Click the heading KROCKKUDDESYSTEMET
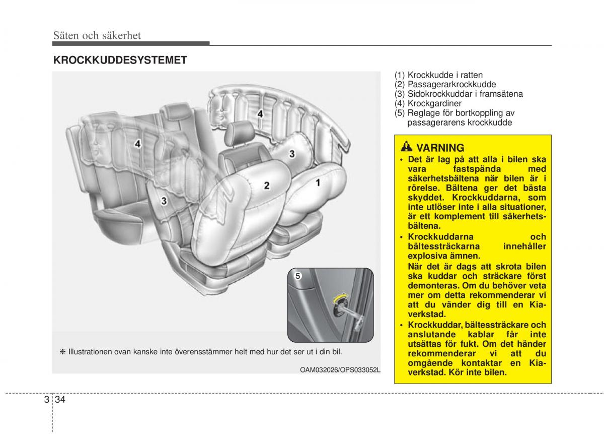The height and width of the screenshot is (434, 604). [120, 60]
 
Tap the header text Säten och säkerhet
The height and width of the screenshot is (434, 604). [97, 35]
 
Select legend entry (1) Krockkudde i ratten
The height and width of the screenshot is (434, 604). [438, 76]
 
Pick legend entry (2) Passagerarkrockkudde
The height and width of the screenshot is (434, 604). [445, 85]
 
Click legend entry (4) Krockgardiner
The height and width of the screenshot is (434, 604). [428, 103]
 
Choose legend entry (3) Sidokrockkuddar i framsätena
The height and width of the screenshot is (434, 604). [459, 94]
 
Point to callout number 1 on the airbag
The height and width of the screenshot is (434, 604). [318, 182]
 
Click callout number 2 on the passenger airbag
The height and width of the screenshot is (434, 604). [267, 185]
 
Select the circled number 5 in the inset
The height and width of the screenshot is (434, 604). [297, 276]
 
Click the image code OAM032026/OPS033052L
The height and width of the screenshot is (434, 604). [340, 369]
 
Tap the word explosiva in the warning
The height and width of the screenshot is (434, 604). [426, 256]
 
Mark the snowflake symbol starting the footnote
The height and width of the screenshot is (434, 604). [63, 351]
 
